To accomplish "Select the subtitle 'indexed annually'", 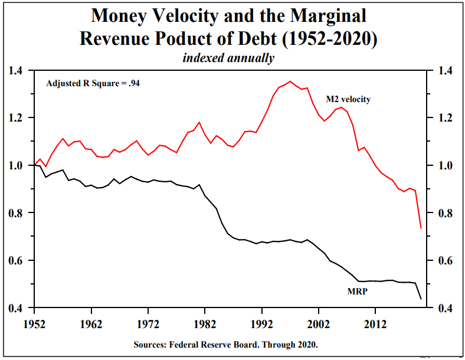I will (228, 58).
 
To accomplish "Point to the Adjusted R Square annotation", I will (93, 83).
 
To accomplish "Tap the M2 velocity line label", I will (348, 99).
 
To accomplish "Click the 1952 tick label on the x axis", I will (35, 325).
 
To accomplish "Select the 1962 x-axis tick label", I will (91, 325).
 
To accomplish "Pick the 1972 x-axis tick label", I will (148, 325).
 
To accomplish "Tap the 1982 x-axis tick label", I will (204, 325).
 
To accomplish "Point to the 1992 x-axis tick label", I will (261, 325).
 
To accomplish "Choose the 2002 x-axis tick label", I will (318, 325).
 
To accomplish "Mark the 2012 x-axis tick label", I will (375, 325).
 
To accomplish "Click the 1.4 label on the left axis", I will (15, 71).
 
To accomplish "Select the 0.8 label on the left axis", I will (15, 213).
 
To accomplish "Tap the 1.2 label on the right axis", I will (443, 118).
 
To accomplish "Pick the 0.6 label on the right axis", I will (443, 261).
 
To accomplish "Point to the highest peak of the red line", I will (290, 81).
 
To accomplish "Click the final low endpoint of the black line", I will (421, 299).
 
